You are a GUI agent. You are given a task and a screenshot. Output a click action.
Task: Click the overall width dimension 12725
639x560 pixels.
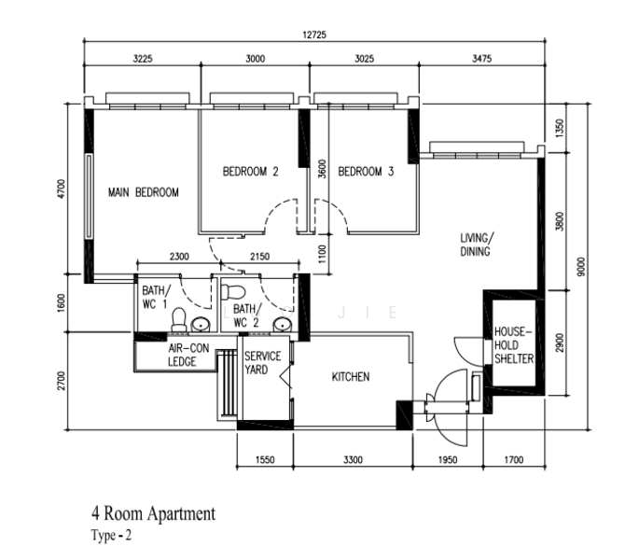pos(314,35)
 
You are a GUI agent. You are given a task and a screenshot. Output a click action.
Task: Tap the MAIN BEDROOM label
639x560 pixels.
pos(143,192)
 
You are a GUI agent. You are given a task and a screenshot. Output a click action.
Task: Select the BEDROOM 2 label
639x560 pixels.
pos(250,172)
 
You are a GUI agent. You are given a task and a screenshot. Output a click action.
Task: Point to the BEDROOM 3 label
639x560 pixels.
pos(366,172)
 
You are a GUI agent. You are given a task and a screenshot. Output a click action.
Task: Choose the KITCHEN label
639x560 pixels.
pos(351,376)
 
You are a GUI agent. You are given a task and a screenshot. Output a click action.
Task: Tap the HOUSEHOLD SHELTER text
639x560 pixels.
pos(513,345)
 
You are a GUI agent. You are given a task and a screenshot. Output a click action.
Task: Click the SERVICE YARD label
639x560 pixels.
pos(262,362)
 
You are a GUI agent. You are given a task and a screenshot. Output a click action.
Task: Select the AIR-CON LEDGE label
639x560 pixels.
pos(188,355)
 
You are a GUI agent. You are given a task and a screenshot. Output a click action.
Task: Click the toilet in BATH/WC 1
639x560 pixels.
pos(178,320)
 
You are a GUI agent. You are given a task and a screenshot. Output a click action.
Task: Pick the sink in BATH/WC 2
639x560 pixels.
pos(282,325)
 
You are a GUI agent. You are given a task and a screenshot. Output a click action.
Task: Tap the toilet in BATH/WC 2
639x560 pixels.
pos(232,292)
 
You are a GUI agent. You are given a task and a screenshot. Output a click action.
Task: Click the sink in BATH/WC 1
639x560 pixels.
pos(201,325)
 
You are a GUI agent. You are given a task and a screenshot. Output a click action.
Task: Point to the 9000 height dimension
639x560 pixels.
pos(581,266)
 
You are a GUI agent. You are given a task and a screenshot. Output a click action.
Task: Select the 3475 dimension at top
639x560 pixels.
pos(481,59)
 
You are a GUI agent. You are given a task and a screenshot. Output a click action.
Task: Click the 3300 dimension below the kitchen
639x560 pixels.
pos(353,460)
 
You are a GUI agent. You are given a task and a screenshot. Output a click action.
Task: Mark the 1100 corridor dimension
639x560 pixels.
pos(322,254)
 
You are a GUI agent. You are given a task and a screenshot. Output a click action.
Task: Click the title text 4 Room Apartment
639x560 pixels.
pos(153,513)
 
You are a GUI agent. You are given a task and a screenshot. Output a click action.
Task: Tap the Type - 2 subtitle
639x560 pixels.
pos(111,535)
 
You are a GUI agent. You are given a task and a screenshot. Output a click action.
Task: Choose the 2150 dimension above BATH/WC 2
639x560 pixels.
pos(259,257)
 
